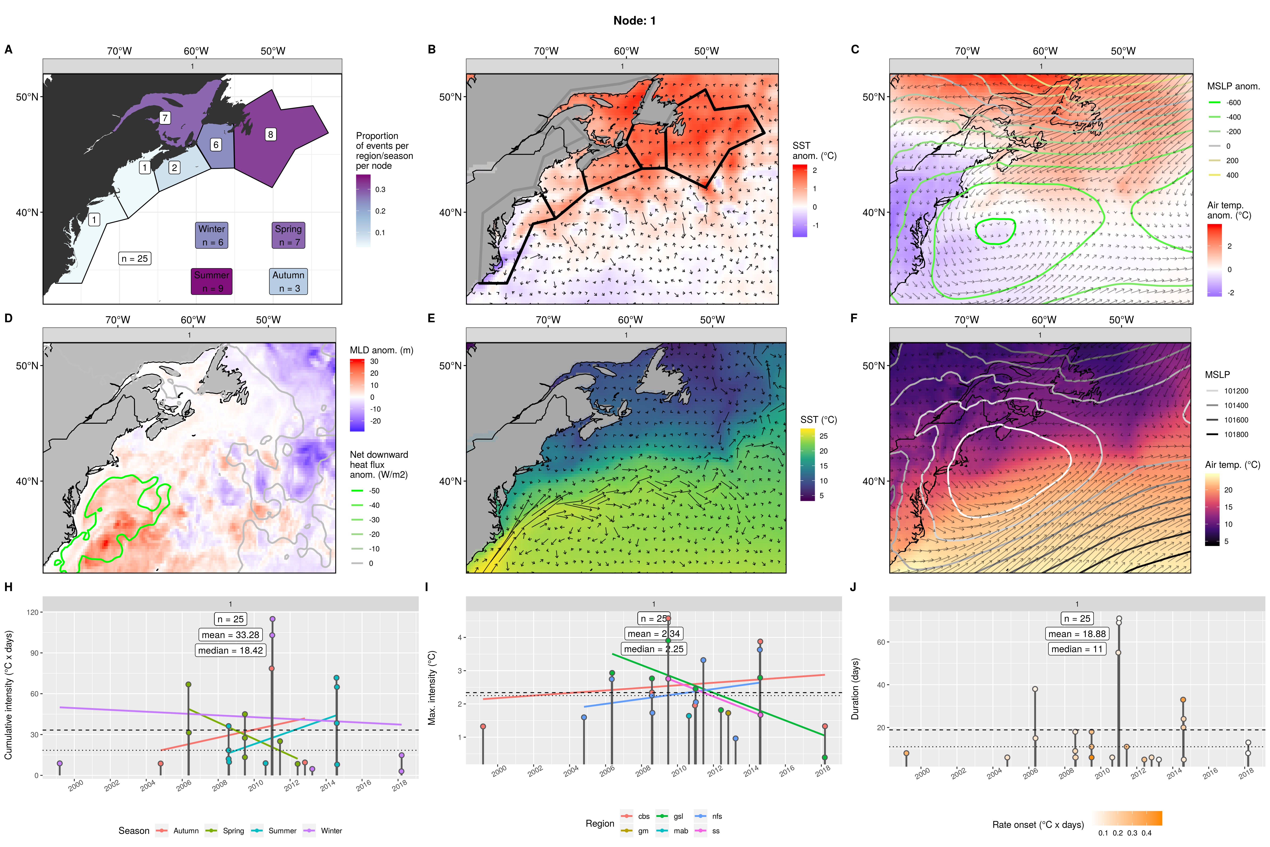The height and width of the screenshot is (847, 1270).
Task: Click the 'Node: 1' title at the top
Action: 634,21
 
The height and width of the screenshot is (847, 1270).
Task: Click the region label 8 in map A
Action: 271,134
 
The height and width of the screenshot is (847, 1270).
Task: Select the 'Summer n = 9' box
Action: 212,282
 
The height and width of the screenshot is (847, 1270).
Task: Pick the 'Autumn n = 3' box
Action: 288,282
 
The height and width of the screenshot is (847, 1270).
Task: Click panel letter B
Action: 431,49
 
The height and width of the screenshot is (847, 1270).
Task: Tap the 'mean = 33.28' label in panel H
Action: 231,635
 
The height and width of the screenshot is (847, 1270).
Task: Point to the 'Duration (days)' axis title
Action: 855,689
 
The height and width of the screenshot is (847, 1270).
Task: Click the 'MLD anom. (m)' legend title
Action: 381,350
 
